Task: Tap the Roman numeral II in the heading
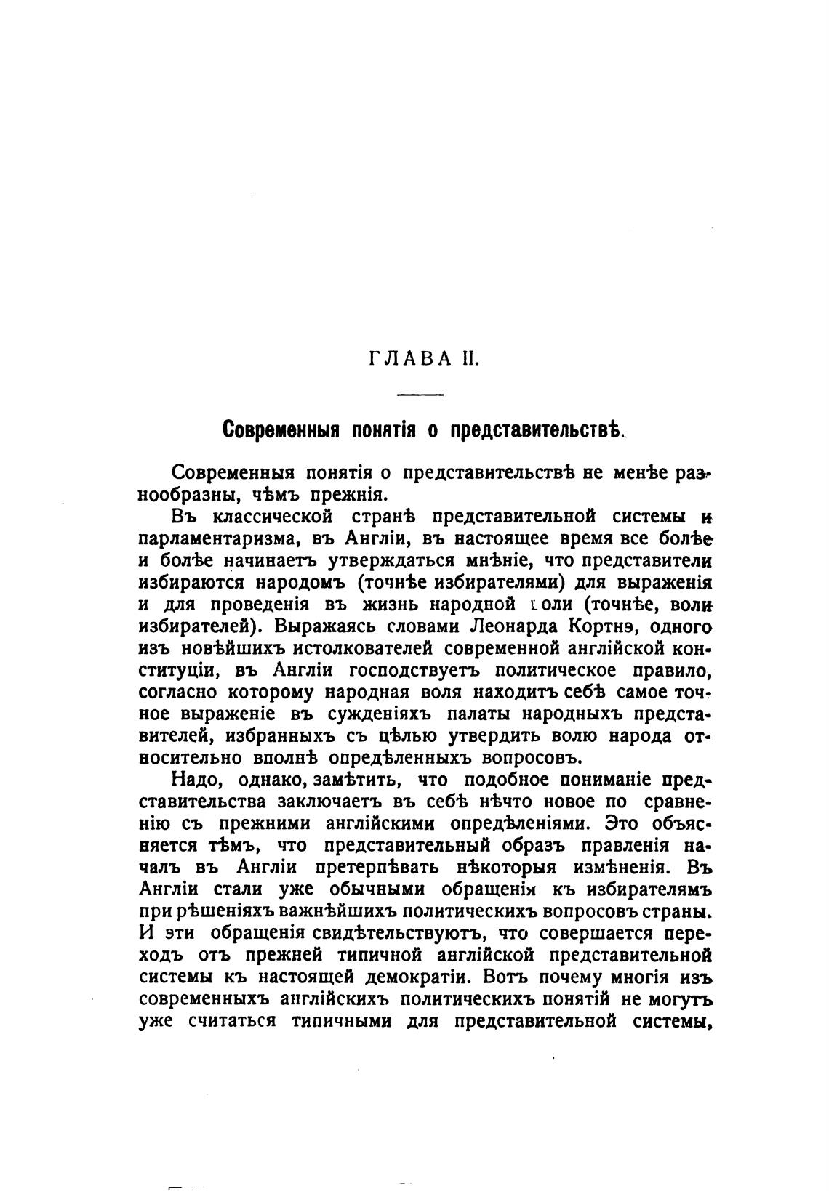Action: [x=467, y=358]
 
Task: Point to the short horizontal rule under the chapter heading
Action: [x=421, y=395]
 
